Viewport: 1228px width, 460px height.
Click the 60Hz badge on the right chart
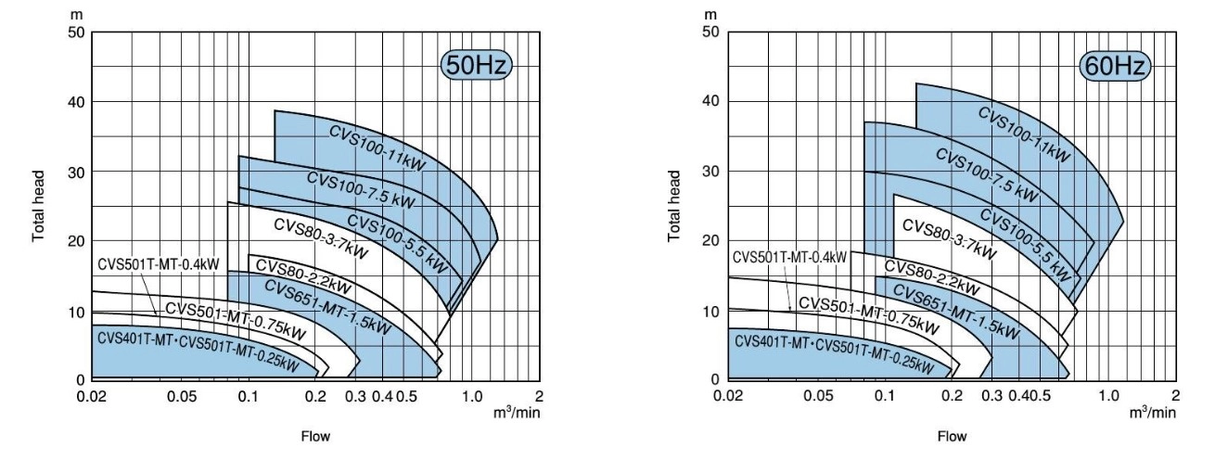click(x=1113, y=68)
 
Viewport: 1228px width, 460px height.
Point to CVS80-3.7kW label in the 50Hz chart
click(x=320, y=239)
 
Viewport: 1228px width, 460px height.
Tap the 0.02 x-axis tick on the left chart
click(x=93, y=397)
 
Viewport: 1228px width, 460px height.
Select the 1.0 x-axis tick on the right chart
click(x=1107, y=397)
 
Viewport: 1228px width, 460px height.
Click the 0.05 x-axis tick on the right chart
click(x=819, y=397)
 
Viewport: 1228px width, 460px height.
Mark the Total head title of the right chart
click(x=674, y=206)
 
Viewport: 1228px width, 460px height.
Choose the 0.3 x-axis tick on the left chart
click(x=353, y=397)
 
